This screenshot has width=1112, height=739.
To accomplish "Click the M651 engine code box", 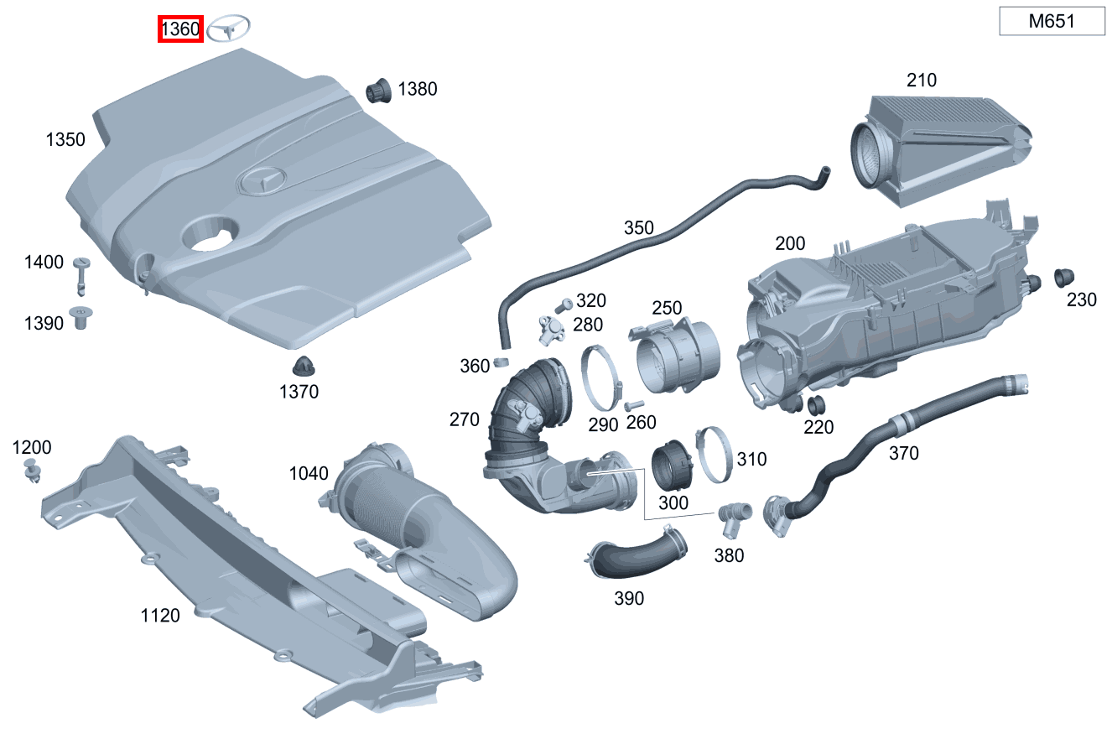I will tap(1052, 22).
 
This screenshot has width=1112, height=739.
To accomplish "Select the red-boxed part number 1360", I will tap(181, 30).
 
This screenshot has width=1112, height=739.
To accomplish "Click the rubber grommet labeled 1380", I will tap(380, 90).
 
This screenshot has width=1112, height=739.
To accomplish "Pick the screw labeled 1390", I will tap(82, 318).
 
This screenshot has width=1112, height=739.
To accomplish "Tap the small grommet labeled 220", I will tap(813, 405).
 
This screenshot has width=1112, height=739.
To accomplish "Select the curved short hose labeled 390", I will tap(637, 554).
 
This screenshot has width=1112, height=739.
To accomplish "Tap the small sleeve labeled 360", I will tap(501, 362).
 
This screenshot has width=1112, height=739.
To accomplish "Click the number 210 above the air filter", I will tap(922, 81).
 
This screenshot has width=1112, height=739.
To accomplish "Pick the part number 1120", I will tap(160, 616).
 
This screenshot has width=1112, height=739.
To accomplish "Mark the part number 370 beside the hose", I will tap(903, 453).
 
